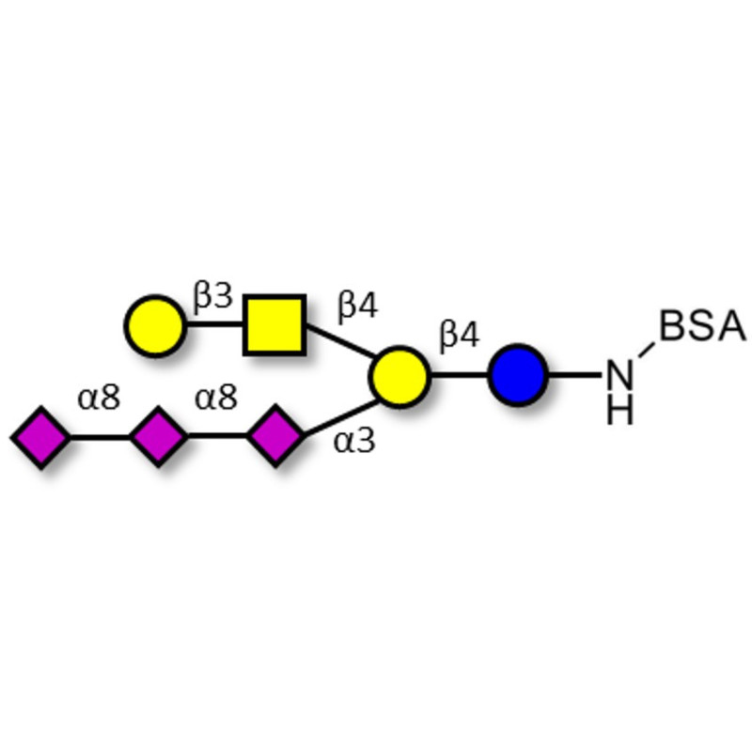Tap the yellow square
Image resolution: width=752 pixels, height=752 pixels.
click(274, 325)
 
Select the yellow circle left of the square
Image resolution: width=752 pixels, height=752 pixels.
click(155, 325)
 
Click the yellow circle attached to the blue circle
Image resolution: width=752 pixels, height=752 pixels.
click(399, 375)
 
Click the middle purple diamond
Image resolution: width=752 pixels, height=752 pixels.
click(158, 437)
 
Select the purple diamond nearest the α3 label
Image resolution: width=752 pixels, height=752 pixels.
click(275, 437)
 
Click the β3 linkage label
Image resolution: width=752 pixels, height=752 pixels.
click(212, 298)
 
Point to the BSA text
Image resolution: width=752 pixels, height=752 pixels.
click(702, 328)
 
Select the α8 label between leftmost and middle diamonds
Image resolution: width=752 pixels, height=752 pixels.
click(99, 399)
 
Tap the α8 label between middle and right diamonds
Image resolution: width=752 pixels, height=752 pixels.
click(216, 399)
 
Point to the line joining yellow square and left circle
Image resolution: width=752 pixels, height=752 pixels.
click(214, 326)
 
